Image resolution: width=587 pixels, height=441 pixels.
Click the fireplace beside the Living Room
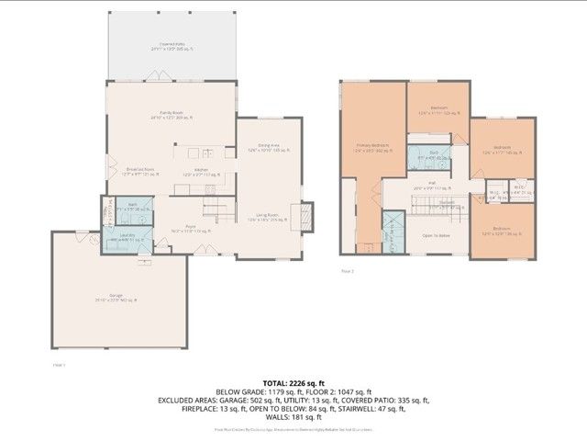[307, 214]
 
